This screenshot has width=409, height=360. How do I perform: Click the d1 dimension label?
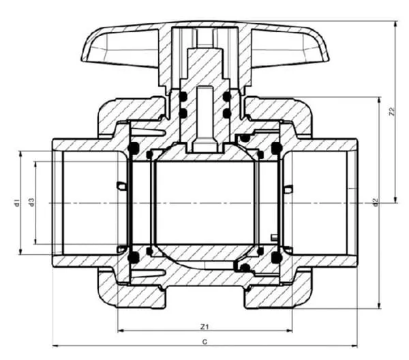point(16,202)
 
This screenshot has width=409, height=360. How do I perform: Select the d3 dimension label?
point(31,202)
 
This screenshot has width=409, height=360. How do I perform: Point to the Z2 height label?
point(391,110)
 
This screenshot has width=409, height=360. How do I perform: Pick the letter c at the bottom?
point(204,339)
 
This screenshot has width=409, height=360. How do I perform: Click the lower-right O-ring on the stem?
point(226,112)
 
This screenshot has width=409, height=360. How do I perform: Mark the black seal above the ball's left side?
point(134,147)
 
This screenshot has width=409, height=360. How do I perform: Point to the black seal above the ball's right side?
point(276,147)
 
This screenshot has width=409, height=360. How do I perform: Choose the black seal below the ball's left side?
point(134,257)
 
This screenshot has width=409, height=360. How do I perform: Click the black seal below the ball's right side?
point(276,257)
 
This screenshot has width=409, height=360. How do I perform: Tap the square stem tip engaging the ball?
point(204,145)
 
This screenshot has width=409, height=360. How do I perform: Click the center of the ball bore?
point(204,202)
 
